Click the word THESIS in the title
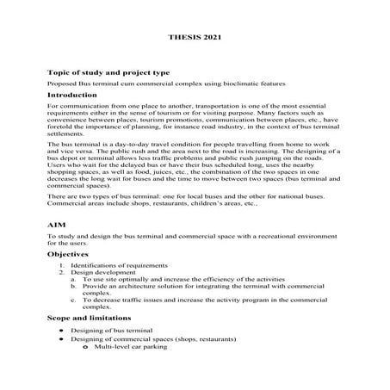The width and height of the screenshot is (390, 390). [x=182, y=39]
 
